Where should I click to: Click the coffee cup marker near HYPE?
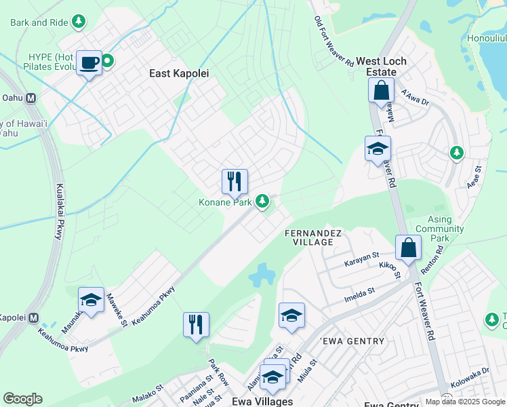(x=89, y=63)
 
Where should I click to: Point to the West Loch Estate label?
(x=381, y=66)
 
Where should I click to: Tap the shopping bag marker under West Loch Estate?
(x=382, y=91)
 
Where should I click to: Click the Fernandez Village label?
(x=316, y=238)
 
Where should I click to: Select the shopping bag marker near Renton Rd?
(x=409, y=248)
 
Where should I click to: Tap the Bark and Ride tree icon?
(x=79, y=22)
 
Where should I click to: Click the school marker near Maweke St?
(x=91, y=300)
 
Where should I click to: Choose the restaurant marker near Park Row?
(x=196, y=325)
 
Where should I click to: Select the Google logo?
(x=22, y=399)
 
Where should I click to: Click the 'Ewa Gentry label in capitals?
(x=352, y=341)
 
